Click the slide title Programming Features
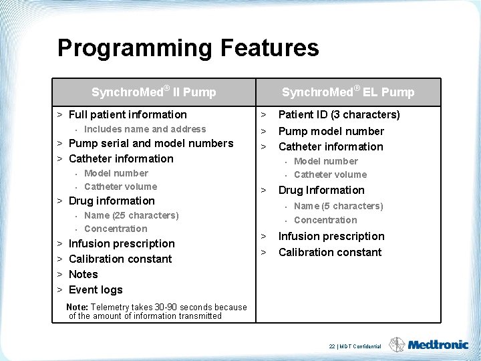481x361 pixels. click(188, 48)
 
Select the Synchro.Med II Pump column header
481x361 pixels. click(154, 92)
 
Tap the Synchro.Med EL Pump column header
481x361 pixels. click(347, 92)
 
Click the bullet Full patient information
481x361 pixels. click(128, 115)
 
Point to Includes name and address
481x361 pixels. click(145, 129)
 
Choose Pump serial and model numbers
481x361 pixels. click(151, 143)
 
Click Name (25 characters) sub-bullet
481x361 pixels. click(132, 215)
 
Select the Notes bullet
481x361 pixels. click(83, 274)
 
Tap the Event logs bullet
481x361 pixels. click(96, 289)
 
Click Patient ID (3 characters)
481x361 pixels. click(339, 114)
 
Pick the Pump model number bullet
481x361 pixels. click(331, 131)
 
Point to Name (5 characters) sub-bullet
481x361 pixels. click(338, 206)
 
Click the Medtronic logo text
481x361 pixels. click(438, 345)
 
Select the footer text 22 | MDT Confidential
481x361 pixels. click(355, 346)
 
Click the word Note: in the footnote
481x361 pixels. click(77, 308)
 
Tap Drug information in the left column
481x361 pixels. click(112, 201)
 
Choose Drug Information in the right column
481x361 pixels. click(321, 190)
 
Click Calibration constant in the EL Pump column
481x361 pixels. click(329, 252)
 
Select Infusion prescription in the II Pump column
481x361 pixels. click(122, 243)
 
